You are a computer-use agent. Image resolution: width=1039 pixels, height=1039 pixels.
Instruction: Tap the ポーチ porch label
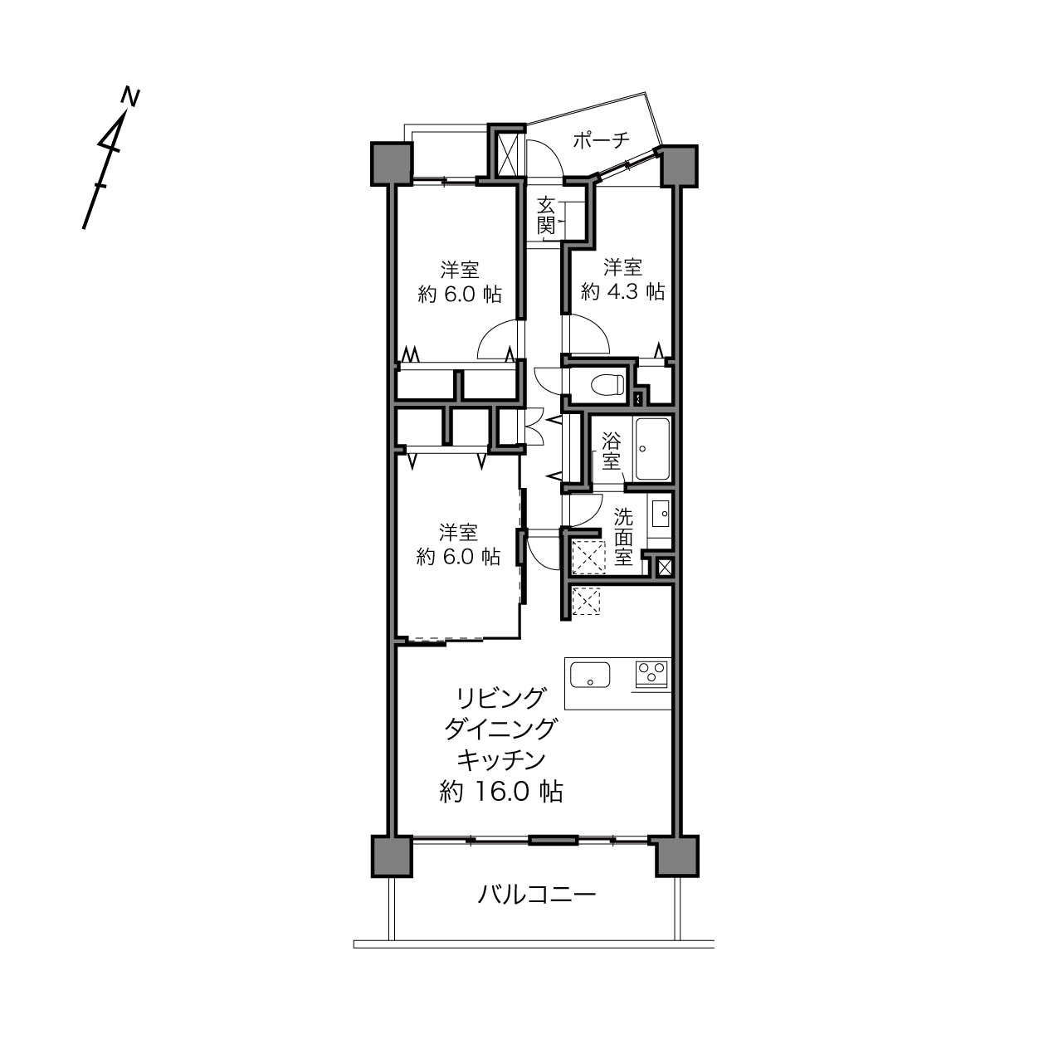(601, 140)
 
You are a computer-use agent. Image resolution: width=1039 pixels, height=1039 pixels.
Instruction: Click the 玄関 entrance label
(547, 216)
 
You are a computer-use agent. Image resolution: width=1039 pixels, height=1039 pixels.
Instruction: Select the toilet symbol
(607, 384)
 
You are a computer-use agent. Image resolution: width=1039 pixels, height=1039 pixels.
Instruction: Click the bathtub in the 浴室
(652, 449)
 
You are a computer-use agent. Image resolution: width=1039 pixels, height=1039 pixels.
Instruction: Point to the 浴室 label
(611, 451)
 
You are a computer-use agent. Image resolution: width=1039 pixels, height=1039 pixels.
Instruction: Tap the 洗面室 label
(623, 537)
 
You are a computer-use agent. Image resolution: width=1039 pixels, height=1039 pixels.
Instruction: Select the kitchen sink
(590, 675)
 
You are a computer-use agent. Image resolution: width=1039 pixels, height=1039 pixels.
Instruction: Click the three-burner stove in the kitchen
(652, 673)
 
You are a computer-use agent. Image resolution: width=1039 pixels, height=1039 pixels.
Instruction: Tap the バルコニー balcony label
(537, 895)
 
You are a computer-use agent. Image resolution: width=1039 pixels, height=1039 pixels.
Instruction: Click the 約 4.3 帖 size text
(622, 291)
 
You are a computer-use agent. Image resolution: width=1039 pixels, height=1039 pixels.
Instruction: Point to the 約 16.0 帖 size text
(501, 792)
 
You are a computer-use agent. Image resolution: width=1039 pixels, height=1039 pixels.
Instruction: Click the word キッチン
(501, 760)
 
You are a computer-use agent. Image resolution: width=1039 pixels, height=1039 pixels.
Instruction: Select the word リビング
(500, 699)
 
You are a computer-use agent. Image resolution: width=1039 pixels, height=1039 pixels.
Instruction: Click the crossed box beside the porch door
(508, 154)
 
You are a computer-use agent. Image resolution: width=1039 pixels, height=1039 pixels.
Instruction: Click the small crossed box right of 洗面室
(665, 567)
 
